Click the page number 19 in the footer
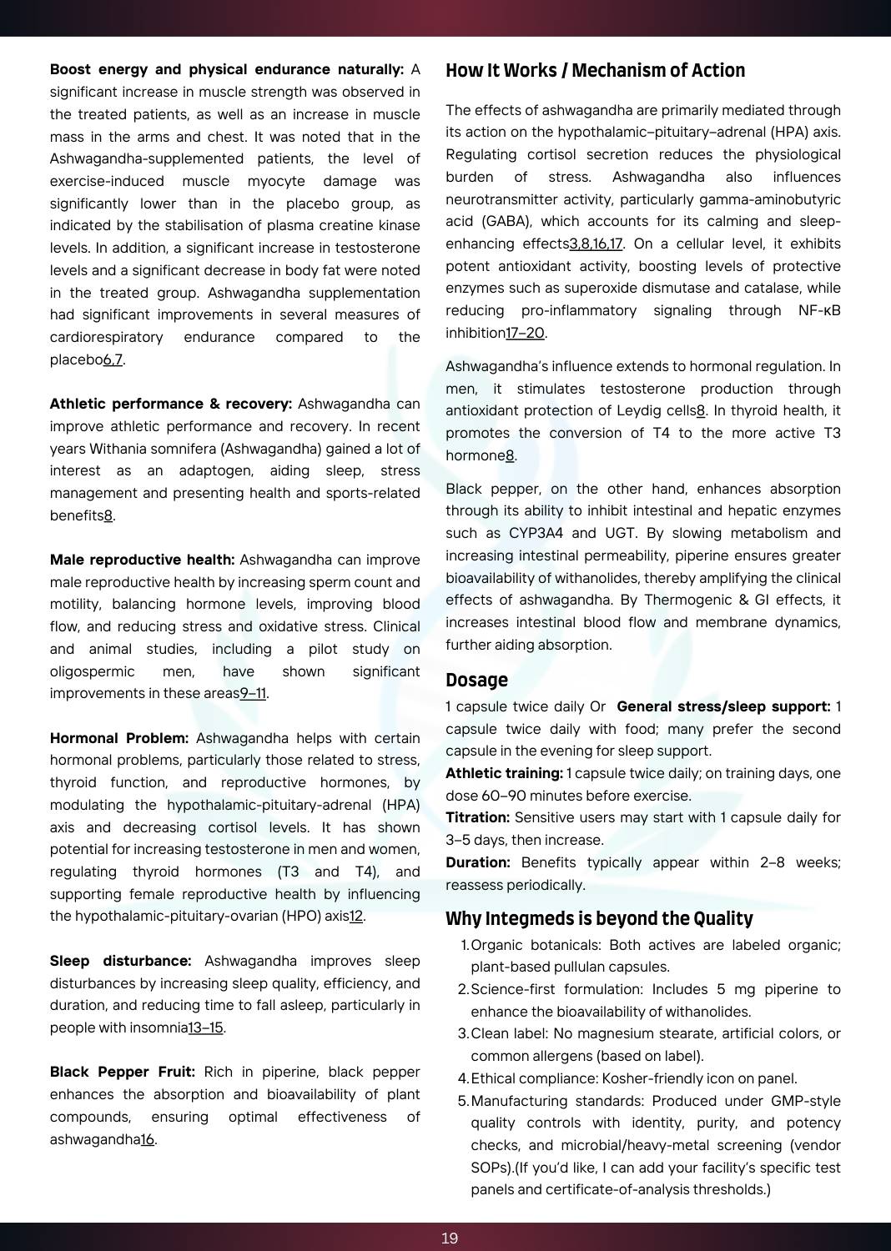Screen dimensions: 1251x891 pyautogui.click(x=450, y=1238)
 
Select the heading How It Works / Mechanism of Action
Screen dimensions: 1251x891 pyautogui.click(x=595, y=71)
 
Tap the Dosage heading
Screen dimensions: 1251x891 pyautogui.click(x=476, y=681)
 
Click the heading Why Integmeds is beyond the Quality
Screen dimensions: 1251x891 pyautogui.click(x=599, y=919)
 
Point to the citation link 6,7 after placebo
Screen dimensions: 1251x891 pyautogui.click(x=113, y=360)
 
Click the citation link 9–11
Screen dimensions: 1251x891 pyautogui.click(x=253, y=694)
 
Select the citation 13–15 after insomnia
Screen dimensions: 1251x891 pyautogui.click(x=205, y=1028)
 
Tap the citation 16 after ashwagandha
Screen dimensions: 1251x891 pyautogui.click(x=147, y=1140)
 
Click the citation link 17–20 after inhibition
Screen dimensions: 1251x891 pyautogui.click(x=525, y=334)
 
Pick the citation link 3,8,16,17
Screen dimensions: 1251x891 pyautogui.click(x=596, y=244)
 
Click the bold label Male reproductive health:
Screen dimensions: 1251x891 pyautogui.click(x=142, y=560)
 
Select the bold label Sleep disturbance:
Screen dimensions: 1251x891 pyautogui.click(x=120, y=962)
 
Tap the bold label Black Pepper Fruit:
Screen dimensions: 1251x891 pyautogui.click(x=122, y=1073)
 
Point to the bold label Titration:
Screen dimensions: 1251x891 pyautogui.click(x=477, y=818)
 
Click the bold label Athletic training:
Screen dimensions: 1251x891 pyautogui.click(x=504, y=774)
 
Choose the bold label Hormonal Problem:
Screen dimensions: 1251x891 pyautogui.click(x=119, y=739)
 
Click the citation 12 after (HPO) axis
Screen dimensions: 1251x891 pyautogui.click(x=356, y=917)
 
